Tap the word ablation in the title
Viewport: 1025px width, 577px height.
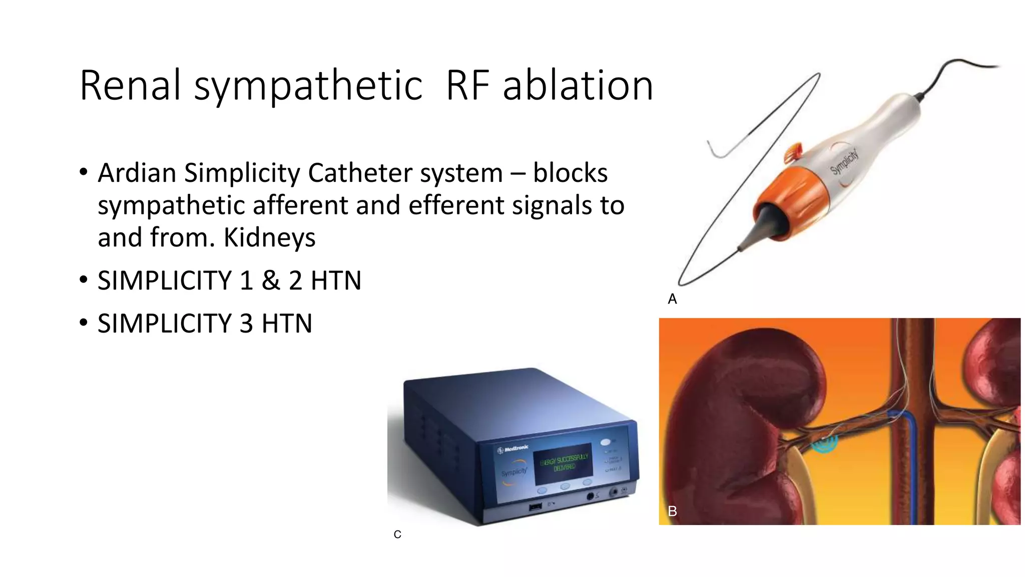coord(578,86)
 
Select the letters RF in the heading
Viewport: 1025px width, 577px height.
coord(467,86)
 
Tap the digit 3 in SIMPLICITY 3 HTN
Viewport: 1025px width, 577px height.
coord(246,324)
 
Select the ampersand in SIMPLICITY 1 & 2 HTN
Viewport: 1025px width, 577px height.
coord(271,280)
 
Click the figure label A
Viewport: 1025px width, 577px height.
coord(672,299)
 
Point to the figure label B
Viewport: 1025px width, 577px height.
coord(672,511)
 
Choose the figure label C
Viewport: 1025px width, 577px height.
coord(397,535)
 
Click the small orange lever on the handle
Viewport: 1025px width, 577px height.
coord(793,151)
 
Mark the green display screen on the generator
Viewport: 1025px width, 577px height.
coord(564,463)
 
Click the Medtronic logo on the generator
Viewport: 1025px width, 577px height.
coord(513,449)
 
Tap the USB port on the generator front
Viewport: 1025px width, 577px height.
coord(535,507)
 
